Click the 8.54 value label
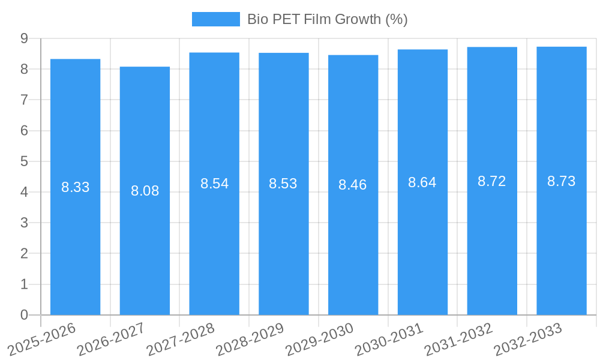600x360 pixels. coord(214,184)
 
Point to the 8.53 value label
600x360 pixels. coord(283,184)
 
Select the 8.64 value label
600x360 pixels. coord(422,182)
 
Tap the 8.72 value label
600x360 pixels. coord(492,181)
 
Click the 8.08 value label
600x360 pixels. coord(145,191)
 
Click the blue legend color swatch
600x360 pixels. coord(215,19)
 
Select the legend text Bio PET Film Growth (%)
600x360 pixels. coord(328,19)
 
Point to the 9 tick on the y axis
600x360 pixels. coord(24,38)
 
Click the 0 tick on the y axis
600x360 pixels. coord(24,315)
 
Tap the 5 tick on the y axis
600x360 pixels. coord(24,161)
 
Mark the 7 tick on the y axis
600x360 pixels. coord(24,100)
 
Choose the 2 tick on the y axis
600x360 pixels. coord(24,253)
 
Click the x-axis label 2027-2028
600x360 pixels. coord(181,339)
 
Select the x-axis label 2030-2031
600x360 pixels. coord(389,339)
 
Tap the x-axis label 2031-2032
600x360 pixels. coord(459,339)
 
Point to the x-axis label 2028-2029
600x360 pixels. coord(250,339)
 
